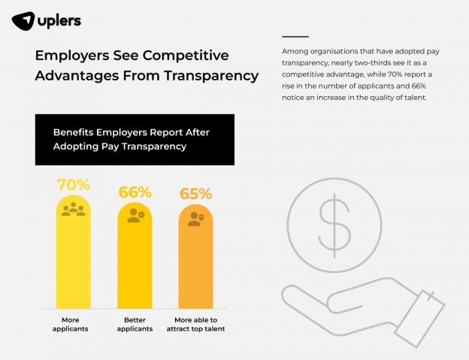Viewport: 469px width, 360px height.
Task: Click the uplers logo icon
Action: (23, 21)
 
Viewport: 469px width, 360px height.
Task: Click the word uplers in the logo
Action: (59, 21)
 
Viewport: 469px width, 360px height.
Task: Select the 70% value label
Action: (74, 185)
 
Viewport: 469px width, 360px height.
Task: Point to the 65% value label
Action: (195, 194)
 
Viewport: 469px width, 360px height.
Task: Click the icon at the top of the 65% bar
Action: (195, 219)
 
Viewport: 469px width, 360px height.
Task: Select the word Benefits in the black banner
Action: (77, 132)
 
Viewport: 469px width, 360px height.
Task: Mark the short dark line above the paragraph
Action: (295, 36)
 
